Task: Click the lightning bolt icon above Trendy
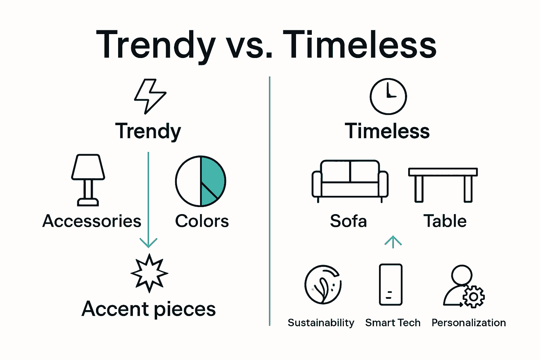(150, 96)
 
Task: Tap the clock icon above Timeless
(388, 96)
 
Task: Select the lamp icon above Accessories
(88, 180)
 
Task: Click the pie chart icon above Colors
(200, 181)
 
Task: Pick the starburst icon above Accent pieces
(149, 273)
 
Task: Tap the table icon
(443, 184)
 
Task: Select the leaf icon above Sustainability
(323, 284)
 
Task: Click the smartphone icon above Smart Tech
(391, 284)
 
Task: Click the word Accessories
(92, 221)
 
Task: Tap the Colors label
(202, 221)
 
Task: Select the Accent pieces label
(149, 309)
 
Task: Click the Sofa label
(348, 221)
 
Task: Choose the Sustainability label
(321, 323)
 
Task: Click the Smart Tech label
(393, 323)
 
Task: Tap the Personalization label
(469, 323)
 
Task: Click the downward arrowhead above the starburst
(148, 243)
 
